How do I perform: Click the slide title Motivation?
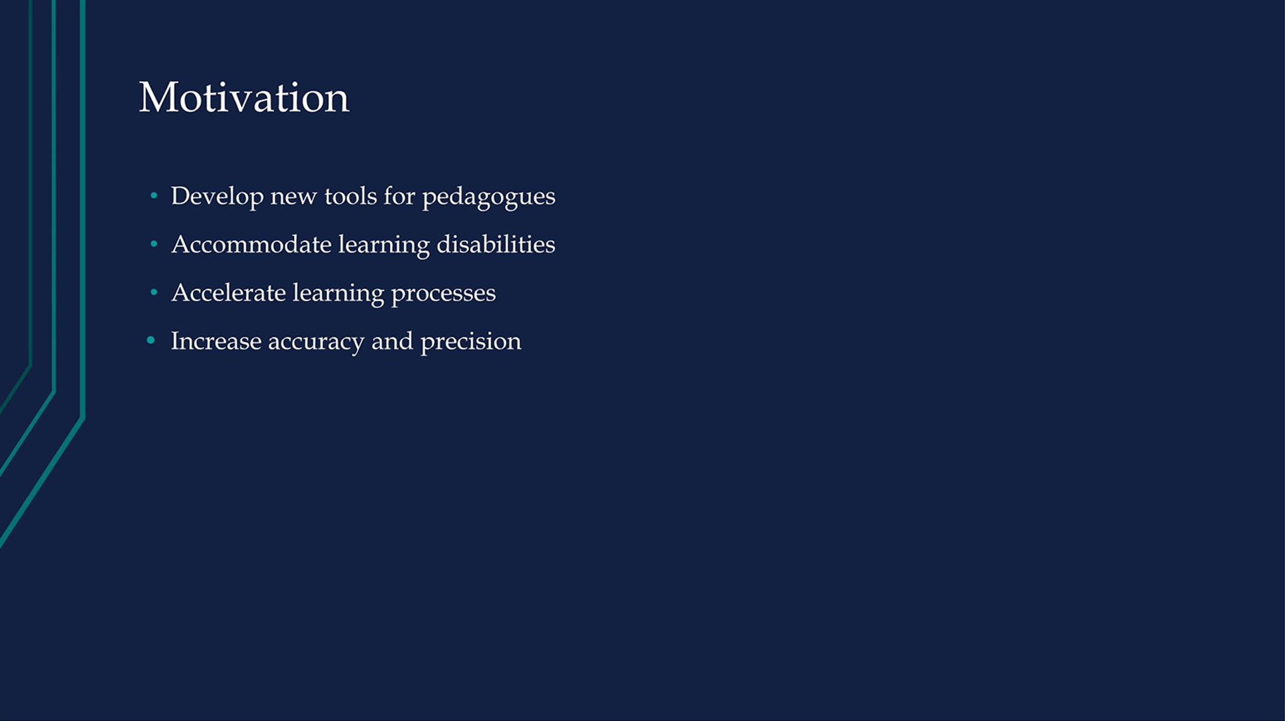click(x=244, y=97)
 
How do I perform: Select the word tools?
click(x=350, y=196)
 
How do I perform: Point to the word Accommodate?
click(x=251, y=244)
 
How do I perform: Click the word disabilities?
click(x=496, y=244)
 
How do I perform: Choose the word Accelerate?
click(x=228, y=292)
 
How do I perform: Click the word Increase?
click(x=216, y=341)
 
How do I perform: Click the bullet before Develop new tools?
click(x=154, y=196)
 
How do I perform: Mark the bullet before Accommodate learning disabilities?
click(x=154, y=243)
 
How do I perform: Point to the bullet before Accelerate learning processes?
click(x=154, y=292)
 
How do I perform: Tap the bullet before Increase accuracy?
click(x=151, y=340)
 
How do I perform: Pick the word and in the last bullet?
click(x=393, y=341)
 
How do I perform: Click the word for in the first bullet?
click(x=400, y=196)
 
